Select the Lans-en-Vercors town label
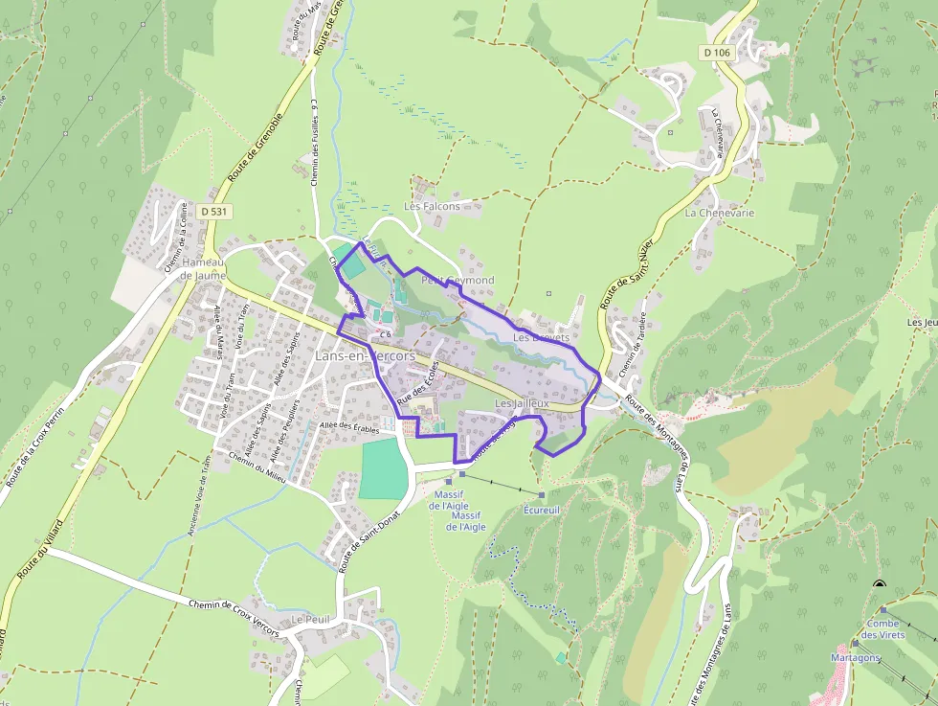pyautogui.click(x=365, y=355)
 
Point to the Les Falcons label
pyautogui.click(x=432, y=206)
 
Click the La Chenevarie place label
pyautogui.click(x=719, y=213)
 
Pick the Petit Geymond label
pyautogui.click(x=458, y=280)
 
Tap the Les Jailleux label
pyautogui.click(x=522, y=405)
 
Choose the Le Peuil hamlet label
pyautogui.click(x=310, y=620)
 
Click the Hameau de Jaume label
pyautogui.click(x=202, y=269)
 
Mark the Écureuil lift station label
pyautogui.click(x=541, y=511)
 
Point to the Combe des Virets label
pyautogui.click(x=882, y=628)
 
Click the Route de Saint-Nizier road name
pyautogui.click(x=627, y=273)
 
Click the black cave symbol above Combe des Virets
pyautogui.click(x=879, y=583)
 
